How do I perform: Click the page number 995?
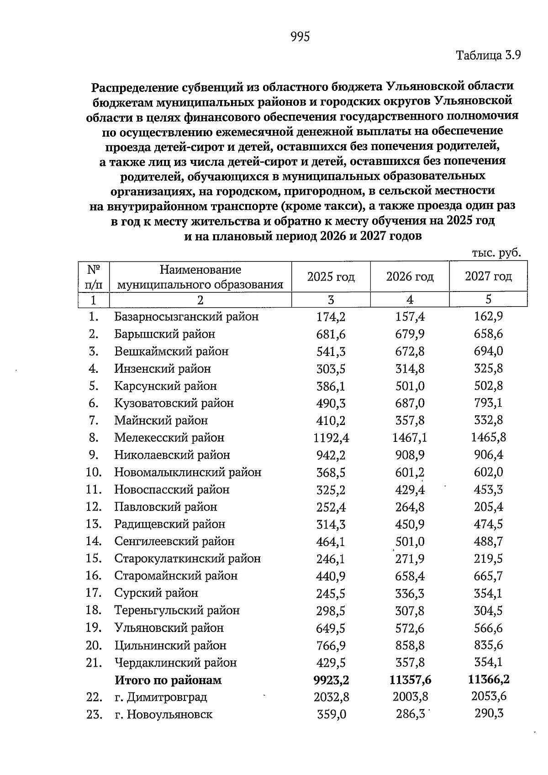pos(300,37)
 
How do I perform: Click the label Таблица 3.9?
pos(488,56)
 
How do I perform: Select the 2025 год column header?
pos(331,277)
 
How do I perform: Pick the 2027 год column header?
pos(488,276)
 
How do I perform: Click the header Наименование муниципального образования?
pos(200,277)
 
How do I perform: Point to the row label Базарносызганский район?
pos(186,317)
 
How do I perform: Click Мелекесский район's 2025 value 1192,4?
pos(331,438)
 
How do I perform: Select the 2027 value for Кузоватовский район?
pos(488,403)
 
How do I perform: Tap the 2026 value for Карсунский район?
pos(410,386)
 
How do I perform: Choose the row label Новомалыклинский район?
pos(188,472)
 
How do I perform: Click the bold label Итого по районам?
pos(168,680)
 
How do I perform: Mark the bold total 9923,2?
pos(331,680)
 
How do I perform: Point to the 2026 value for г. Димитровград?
pos(410,697)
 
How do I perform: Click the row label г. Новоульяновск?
pos(163,714)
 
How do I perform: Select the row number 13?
pos(93,524)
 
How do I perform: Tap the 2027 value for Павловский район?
pos(488,507)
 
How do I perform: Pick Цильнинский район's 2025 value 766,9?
pos(331,645)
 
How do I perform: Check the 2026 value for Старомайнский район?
pos(410,576)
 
